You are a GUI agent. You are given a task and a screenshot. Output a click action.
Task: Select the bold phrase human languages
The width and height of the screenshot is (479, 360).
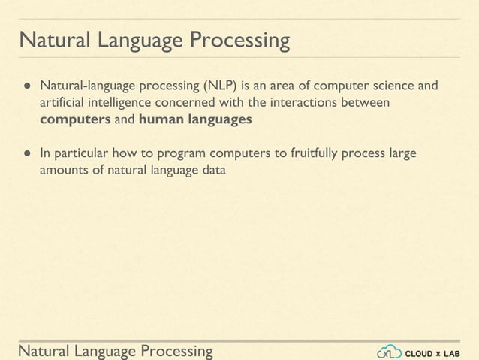pos(195,119)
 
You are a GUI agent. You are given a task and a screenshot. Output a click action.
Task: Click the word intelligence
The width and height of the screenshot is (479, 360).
pos(117,102)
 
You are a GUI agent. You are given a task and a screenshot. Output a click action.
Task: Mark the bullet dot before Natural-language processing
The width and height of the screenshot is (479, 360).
pos(24,85)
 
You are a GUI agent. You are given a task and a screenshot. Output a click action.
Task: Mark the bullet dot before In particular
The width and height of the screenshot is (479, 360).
pos(24,154)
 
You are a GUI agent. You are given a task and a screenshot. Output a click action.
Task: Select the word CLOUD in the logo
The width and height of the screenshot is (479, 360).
pos(419,352)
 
